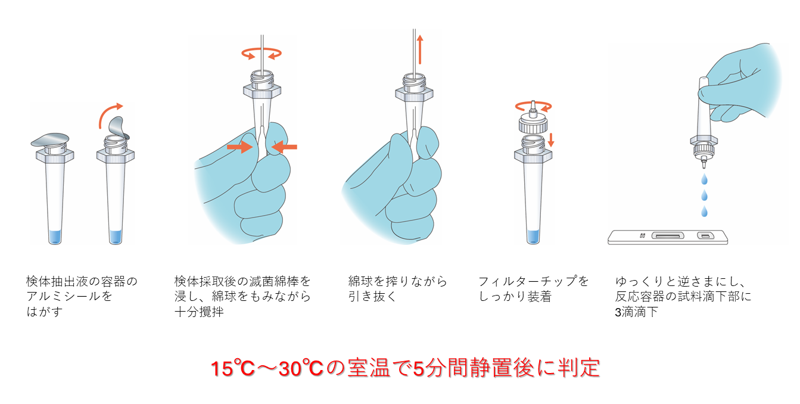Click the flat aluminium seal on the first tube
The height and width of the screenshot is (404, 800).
pyautogui.click(x=50, y=139)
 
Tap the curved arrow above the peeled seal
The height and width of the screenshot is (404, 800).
pyautogui.click(x=107, y=112)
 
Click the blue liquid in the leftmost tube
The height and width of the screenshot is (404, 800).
pyautogui.click(x=55, y=237)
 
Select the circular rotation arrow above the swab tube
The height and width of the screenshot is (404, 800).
pyautogui.click(x=262, y=54)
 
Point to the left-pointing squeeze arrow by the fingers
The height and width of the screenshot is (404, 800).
pyautogui.click(x=284, y=147)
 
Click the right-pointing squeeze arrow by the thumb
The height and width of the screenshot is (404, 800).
pyautogui.click(x=240, y=147)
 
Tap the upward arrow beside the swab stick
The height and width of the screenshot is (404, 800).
pyautogui.click(x=420, y=49)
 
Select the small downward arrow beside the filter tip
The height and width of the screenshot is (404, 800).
pyautogui.click(x=551, y=139)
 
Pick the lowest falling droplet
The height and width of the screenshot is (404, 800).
pyautogui.click(x=704, y=212)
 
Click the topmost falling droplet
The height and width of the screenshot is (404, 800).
pyautogui.click(x=704, y=179)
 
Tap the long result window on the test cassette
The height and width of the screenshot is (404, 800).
pyautogui.click(x=668, y=236)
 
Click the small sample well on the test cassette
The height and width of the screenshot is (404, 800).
pyautogui.click(x=705, y=236)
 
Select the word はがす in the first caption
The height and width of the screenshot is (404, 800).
pyautogui.click(x=44, y=312)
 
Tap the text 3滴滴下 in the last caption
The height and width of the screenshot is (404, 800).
pyautogui.click(x=636, y=312)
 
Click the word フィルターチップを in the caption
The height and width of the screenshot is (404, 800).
pyautogui.click(x=533, y=281)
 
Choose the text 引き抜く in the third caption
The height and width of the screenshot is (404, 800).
pyautogui.click(x=372, y=297)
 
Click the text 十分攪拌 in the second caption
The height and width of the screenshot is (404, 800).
pyautogui.click(x=199, y=312)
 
